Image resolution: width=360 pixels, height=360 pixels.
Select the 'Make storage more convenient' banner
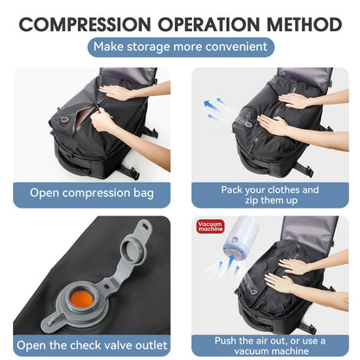click(x=180, y=47)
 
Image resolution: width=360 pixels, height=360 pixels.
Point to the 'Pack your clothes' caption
click(x=269, y=188)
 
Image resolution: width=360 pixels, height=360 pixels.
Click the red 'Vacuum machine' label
click(x=210, y=228)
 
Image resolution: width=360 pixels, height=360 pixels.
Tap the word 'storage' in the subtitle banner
click(x=162, y=47)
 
